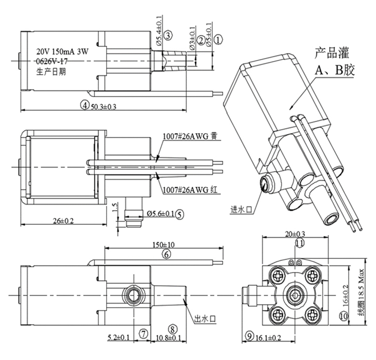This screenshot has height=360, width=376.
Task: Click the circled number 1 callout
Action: [x=218, y=41]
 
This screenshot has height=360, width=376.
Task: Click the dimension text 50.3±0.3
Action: [x=102, y=106]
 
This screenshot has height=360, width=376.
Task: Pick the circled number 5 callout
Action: [x=181, y=214]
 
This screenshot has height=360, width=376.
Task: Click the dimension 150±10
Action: [x=164, y=245]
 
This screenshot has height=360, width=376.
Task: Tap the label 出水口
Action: [x=205, y=319]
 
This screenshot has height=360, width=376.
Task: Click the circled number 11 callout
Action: [x=299, y=243]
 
